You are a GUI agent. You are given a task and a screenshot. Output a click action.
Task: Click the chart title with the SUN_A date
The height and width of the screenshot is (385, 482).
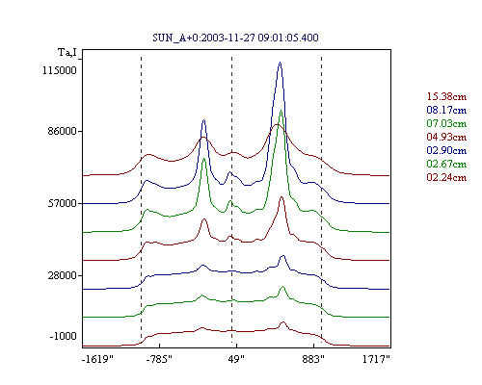(x=235, y=38)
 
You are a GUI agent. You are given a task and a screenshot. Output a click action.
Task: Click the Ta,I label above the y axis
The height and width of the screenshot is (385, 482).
(x=67, y=52)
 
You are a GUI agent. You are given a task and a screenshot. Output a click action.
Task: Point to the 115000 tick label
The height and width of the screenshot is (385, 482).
(x=60, y=70)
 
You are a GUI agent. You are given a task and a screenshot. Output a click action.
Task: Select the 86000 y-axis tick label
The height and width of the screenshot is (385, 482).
(x=60, y=131)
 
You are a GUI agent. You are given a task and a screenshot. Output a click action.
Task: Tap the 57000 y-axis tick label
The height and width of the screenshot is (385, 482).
(x=63, y=203)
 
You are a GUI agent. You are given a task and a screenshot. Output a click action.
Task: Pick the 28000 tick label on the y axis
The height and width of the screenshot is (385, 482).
(x=63, y=275)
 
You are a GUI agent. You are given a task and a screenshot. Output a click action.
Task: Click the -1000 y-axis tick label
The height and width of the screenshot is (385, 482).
(x=63, y=336)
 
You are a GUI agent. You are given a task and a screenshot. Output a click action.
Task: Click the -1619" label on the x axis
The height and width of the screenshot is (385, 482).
(x=97, y=359)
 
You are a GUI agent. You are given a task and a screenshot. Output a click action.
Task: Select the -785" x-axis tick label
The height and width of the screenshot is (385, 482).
(x=159, y=359)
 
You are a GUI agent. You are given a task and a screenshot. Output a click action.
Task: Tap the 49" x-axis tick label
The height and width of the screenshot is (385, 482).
(x=236, y=359)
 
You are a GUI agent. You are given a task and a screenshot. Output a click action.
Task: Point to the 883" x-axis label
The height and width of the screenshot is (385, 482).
(x=313, y=359)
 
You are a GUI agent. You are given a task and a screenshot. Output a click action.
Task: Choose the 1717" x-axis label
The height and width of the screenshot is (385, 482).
(x=376, y=359)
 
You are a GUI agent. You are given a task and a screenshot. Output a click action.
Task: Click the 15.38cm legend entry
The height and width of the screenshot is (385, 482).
(x=446, y=96)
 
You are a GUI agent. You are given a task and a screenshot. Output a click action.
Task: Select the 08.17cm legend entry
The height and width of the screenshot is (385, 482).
(x=446, y=110)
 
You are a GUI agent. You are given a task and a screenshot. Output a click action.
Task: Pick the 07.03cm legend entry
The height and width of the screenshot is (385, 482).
(x=446, y=123)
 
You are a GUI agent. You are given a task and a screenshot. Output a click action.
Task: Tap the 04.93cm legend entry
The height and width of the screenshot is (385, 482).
(x=446, y=137)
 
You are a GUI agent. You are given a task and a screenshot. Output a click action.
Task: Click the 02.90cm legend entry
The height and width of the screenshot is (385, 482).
(x=446, y=150)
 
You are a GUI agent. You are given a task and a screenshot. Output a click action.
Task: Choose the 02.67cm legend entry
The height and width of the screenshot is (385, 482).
(x=446, y=164)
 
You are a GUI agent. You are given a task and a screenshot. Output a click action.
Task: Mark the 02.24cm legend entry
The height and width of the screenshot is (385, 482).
(x=446, y=177)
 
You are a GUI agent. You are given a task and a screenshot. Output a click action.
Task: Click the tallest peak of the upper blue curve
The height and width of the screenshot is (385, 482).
(x=280, y=63)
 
